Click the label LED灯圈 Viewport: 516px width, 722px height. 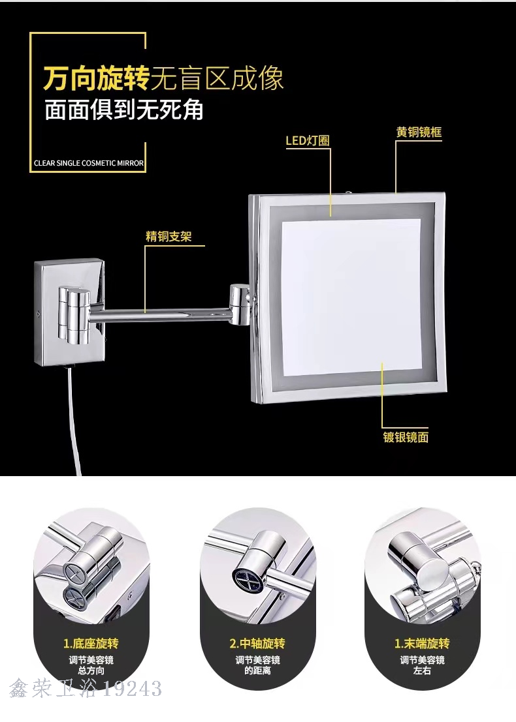pos(308,140)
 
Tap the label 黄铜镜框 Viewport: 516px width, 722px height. pos(419,132)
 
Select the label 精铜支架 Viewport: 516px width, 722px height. pos(169,237)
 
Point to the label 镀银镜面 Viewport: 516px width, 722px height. pos(406,436)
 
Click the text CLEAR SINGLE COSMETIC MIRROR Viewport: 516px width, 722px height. pos(89,163)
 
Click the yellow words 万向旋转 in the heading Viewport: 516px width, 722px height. pos(97,78)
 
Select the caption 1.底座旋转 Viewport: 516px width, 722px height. pos(91,643)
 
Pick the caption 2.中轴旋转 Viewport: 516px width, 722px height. pos(257,643)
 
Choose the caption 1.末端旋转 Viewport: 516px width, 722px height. pos(422,643)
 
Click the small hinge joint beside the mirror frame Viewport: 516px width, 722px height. pos(240,304)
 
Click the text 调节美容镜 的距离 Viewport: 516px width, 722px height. pos(257,665)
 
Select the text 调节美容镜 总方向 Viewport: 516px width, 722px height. pos(91,665)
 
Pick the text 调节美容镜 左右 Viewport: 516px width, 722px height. pos(422,665)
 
